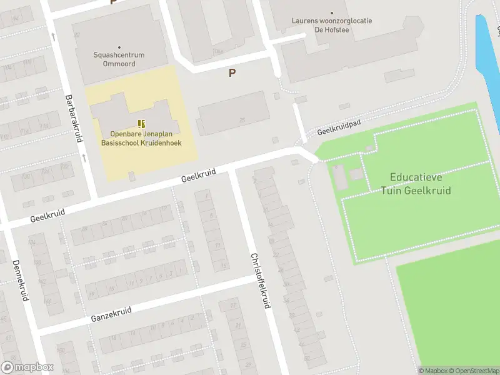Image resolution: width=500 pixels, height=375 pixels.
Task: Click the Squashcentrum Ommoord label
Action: (x=119, y=59)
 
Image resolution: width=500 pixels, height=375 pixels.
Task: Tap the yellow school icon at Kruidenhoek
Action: (x=142, y=124)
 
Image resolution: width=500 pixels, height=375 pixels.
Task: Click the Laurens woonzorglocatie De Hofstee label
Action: (x=332, y=24)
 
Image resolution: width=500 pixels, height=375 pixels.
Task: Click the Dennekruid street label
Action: (x=19, y=281)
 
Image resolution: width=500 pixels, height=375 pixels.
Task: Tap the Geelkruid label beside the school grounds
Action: (x=198, y=176)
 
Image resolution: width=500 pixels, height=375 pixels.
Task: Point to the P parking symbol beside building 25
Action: (x=232, y=73)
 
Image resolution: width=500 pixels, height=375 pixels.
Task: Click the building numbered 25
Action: (x=234, y=112)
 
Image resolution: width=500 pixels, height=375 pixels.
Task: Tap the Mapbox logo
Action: (x=27, y=367)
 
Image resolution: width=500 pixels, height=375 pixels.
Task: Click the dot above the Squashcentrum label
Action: (x=119, y=46)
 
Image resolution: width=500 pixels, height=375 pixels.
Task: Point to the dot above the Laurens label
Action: (x=332, y=12)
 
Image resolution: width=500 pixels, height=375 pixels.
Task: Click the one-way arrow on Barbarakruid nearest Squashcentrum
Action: (x=52, y=36)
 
